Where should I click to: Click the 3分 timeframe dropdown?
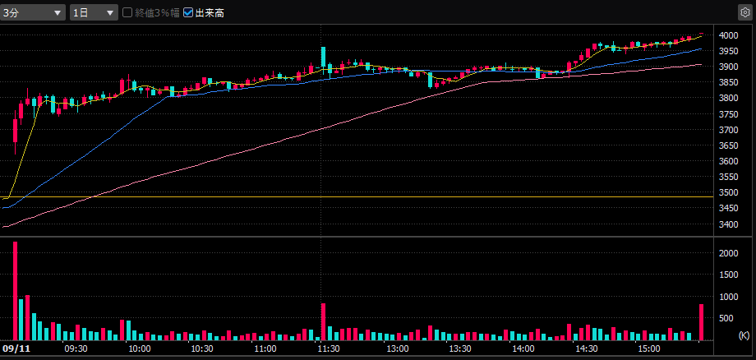(33, 12)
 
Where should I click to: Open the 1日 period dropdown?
(94, 12)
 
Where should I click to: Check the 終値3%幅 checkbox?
(127, 13)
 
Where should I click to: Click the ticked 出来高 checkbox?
(188, 13)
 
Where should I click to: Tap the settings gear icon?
(744, 12)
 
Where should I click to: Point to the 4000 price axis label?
(728, 35)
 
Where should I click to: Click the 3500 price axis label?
(728, 193)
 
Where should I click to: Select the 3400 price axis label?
(728, 224)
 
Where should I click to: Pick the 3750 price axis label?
(728, 114)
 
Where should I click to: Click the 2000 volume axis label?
(728, 254)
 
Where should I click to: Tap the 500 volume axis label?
(730, 318)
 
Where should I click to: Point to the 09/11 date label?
(16, 349)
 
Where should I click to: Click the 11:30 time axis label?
(329, 349)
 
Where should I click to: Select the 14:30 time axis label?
(586, 349)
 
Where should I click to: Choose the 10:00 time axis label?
(138, 349)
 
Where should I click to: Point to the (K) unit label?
(744, 335)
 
